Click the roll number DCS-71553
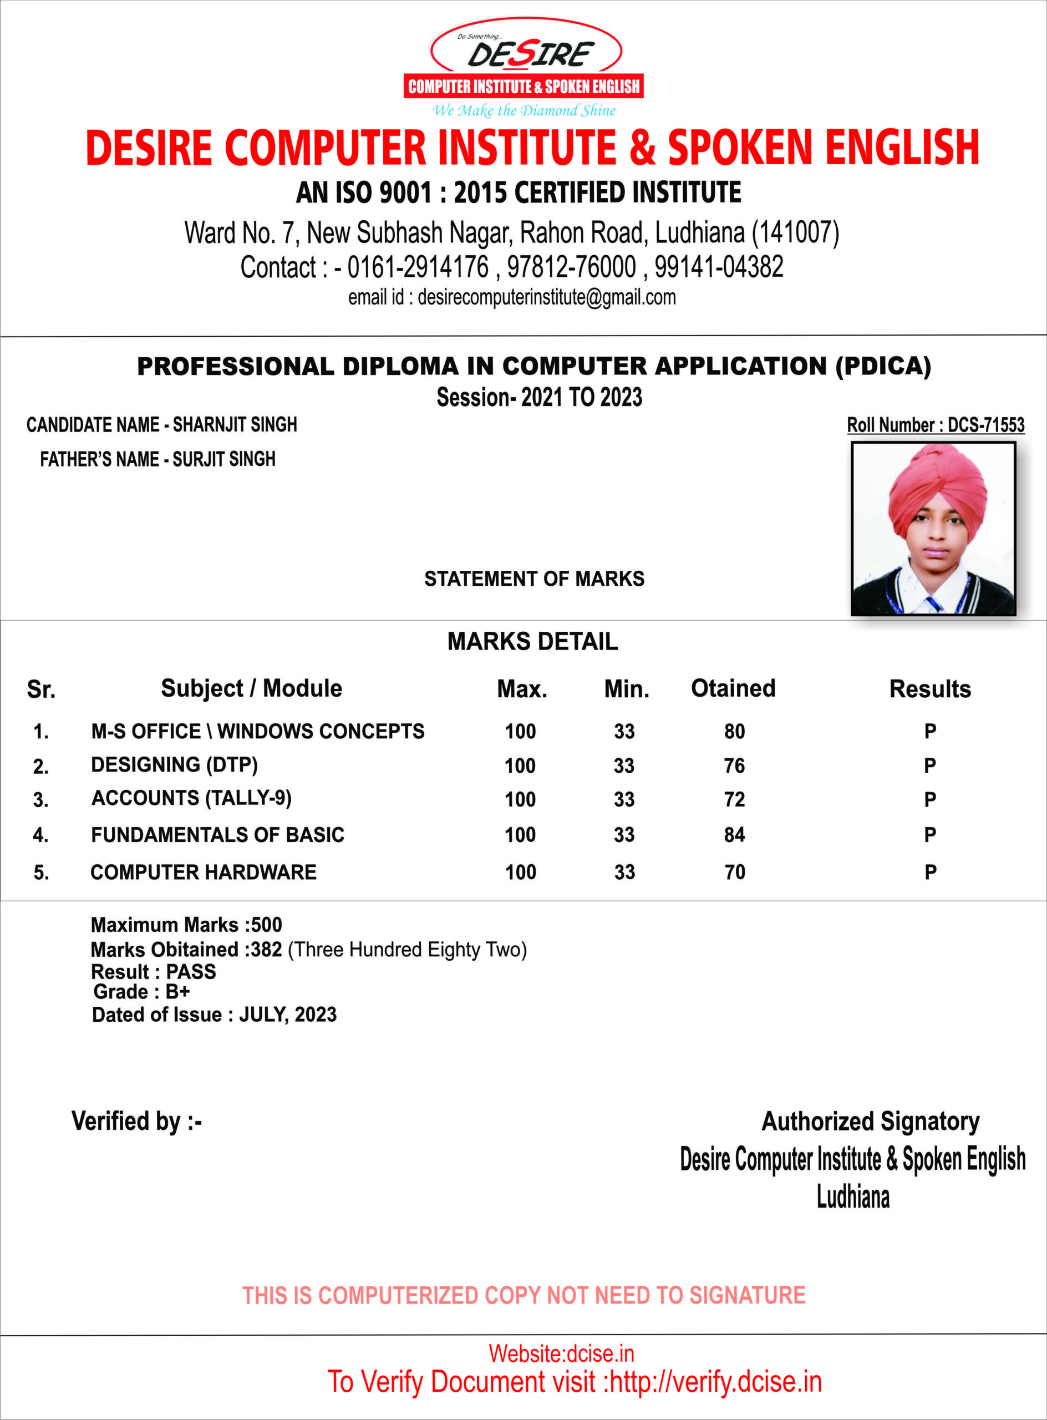tap(985, 425)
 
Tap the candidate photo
tap(933, 529)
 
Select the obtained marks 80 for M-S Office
tap(735, 732)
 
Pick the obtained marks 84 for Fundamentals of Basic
tap(735, 835)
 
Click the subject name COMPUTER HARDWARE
tap(204, 873)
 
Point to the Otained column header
tap(733, 688)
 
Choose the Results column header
tap(930, 689)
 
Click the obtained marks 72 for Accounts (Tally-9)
tap(735, 799)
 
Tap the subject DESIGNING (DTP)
tap(174, 765)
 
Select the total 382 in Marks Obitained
tap(266, 950)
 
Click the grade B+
tap(178, 991)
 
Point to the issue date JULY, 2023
tap(288, 1015)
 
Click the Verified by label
tap(136, 1122)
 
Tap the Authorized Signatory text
tap(870, 1122)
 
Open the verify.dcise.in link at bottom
tap(715, 1382)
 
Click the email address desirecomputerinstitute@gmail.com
tap(546, 297)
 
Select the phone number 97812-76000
tap(571, 267)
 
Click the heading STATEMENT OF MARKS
tap(534, 579)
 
